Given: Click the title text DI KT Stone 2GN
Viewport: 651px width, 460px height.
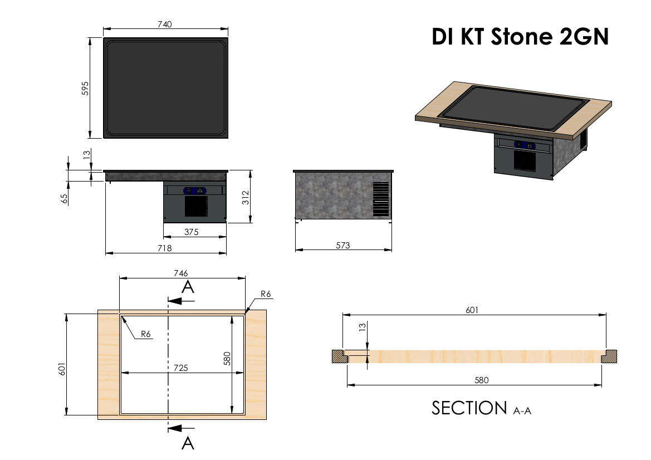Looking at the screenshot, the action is click(520, 37).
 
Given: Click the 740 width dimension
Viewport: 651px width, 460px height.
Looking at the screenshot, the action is click(165, 24).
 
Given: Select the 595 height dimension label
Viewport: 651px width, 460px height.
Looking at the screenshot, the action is click(85, 88).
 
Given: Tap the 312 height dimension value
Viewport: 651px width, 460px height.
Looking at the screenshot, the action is click(246, 197).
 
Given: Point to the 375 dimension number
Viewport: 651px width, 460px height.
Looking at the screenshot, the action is click(192, 232).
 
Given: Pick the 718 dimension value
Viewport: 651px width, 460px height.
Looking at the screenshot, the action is click(165, 248).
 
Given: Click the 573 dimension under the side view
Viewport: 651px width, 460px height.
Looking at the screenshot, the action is click(343, 246).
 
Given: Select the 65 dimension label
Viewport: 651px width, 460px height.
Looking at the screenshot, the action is click(65, 198).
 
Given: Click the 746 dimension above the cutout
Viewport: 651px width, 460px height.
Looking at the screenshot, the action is click(180, 273).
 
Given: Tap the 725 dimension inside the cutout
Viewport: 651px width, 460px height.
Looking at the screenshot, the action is click(180, 368).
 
